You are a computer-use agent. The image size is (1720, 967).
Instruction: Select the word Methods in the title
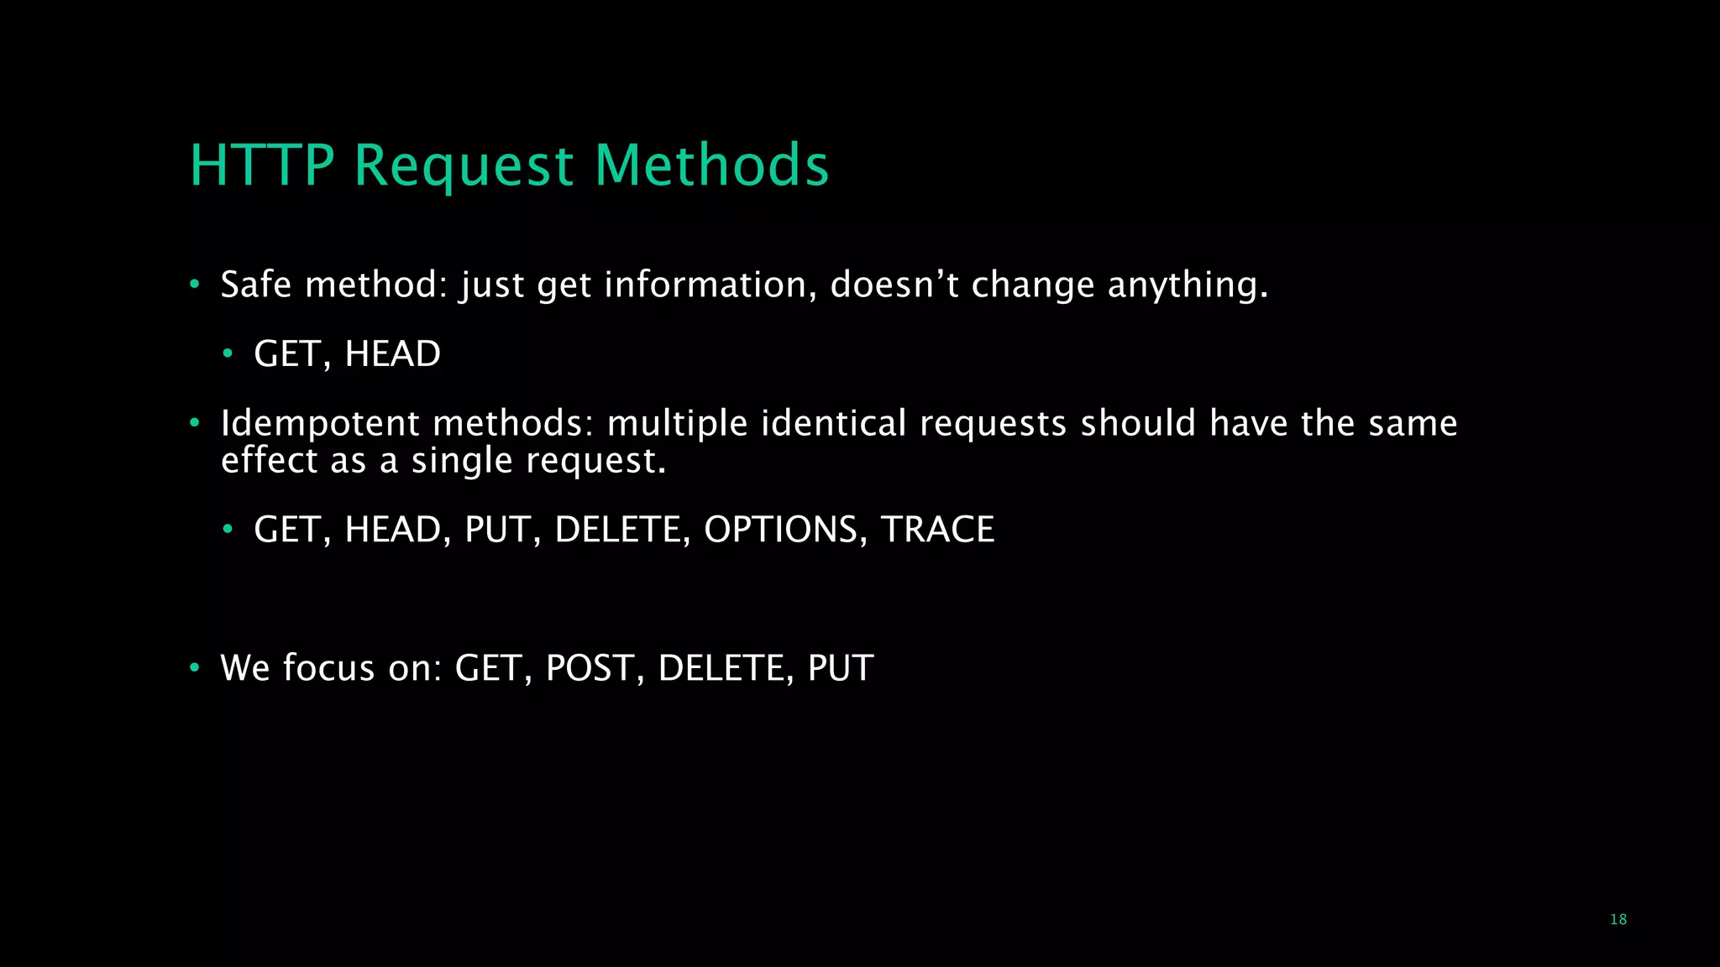[712, 165]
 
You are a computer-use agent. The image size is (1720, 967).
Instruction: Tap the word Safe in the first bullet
[256, 285]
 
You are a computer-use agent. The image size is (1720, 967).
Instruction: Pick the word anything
[1188, 286]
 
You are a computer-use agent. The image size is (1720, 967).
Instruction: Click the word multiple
[677, 424]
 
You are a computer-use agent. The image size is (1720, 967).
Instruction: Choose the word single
[461, 461]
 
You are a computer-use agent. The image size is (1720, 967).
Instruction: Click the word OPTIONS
[780, 530]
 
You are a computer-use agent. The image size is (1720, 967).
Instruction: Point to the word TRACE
[937, 530]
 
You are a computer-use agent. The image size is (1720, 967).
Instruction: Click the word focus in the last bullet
[328, 668]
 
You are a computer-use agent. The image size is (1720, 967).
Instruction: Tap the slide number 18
[1618, 919]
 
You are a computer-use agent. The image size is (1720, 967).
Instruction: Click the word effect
[270, 460]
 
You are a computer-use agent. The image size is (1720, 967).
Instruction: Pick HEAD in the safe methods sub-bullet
[392, 354]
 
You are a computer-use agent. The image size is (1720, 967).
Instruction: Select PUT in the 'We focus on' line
[841, 668]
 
